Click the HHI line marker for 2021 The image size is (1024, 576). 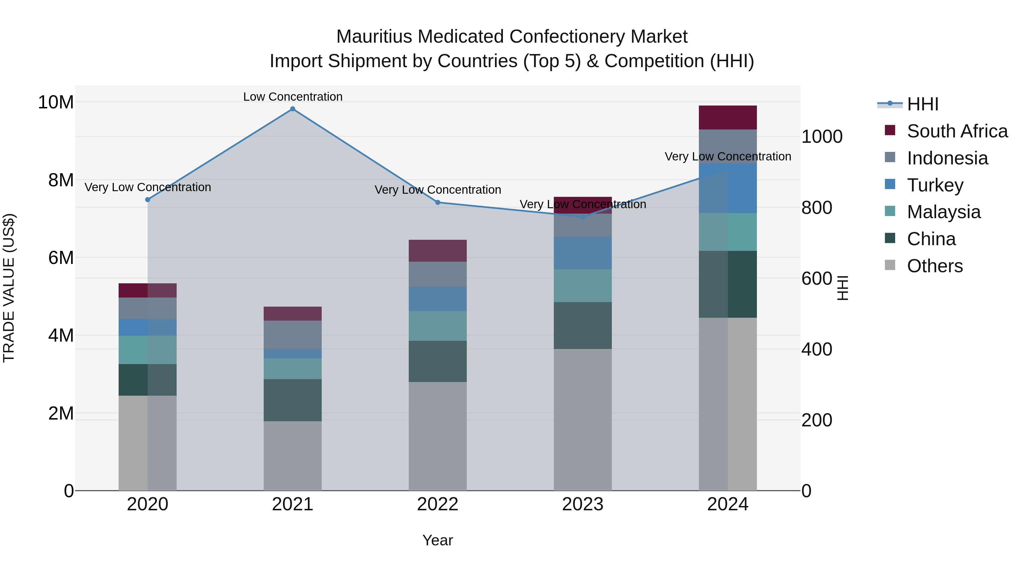[293, 109]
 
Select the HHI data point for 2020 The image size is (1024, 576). [147, 200]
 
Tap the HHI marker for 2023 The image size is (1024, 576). [583, 217]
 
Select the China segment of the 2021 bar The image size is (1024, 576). [293, 400]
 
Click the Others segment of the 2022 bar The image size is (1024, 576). [438, 436]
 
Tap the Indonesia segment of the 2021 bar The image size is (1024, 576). [293, 335]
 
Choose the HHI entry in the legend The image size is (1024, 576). [922, 104]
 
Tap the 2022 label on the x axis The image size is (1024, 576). [438, 504]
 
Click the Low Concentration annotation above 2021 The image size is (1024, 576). [293, 97]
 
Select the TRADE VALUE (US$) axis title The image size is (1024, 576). [9, 288]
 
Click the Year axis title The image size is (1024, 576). [438, 540]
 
